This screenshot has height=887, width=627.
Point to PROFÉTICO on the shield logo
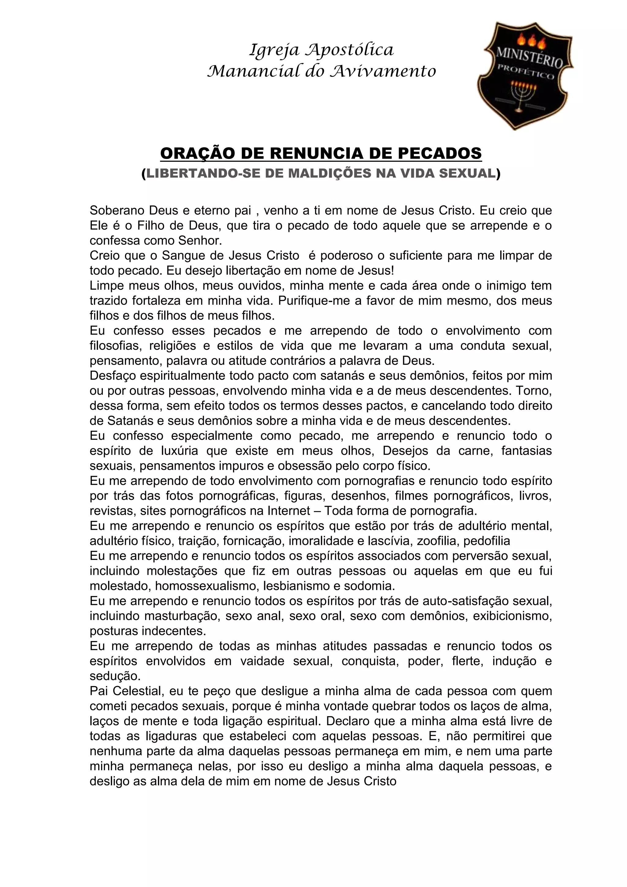pyautogui.click(x=526, y=72)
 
